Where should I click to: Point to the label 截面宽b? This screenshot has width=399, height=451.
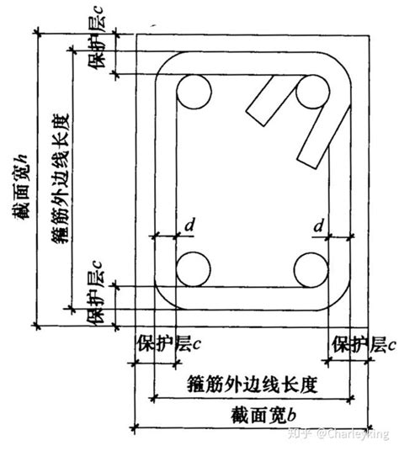pos(263,416)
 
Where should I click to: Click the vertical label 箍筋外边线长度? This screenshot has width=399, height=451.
pos(61,178)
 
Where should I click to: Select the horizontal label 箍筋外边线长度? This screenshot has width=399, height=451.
pos(253,385)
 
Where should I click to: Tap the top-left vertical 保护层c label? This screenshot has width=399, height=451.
pos(97,36)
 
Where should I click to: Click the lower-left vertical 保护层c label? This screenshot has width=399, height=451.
pos(95,293)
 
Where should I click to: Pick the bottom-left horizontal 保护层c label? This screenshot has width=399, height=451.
pos(169,343)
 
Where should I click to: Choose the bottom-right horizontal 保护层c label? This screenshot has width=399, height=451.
pos(364,344)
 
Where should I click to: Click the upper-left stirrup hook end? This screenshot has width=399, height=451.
pos(255,118)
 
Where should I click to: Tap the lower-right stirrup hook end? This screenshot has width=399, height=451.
pos(307,162)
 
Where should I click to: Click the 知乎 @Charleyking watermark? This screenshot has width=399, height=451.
pos(338,433)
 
